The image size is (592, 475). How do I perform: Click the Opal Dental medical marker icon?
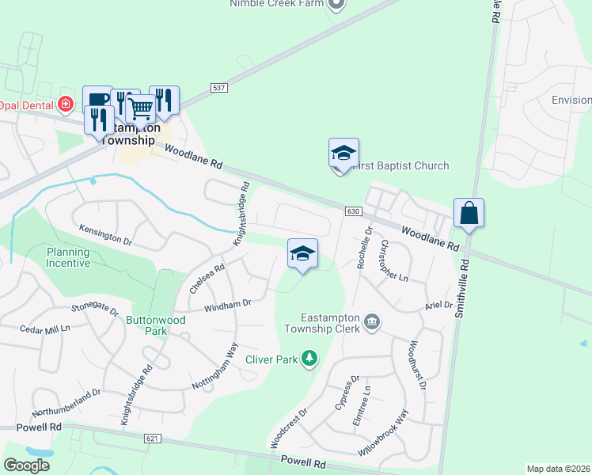point(66,104)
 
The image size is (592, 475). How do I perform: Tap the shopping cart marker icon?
point(140,108)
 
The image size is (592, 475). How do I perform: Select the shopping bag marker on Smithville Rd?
point(469,212)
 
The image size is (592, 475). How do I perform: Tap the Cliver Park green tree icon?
point(309,359)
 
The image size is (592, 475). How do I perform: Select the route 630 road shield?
point(353,211)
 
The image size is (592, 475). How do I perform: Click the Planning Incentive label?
point(68,257)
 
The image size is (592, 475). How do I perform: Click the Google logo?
point(26,465)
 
